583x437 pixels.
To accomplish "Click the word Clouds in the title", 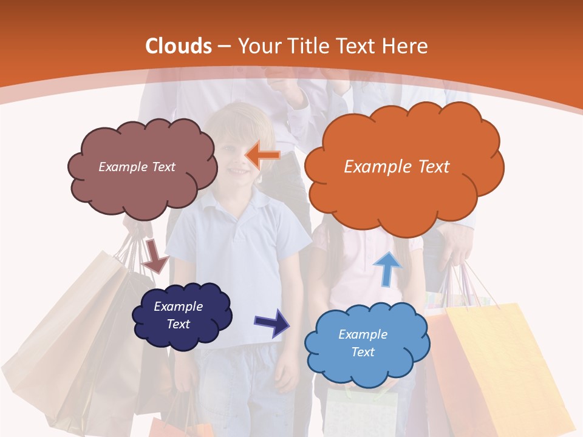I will click(179, 46).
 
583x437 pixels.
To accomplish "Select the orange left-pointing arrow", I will click(262, 155).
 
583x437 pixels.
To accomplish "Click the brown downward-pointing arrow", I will click(155, 256).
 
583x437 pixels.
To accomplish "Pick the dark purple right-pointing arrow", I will click(273, 323).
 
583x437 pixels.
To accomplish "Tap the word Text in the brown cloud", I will click(162, 167).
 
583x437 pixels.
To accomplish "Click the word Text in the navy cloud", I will click(179, 324).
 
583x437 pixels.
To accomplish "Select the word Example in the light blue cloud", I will click(363, 334).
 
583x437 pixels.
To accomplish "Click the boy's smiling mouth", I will click(239, 172).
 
